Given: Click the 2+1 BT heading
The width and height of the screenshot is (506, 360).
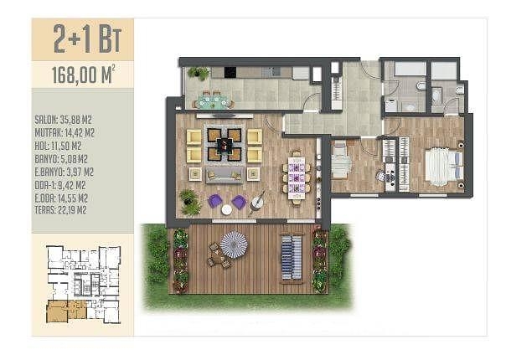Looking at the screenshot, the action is pyautogui.click(x=87, y=39).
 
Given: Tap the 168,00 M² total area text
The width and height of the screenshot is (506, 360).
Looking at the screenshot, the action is pyautogui.click(x=84, y=75).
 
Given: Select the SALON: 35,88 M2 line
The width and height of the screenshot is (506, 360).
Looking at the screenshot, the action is pyautogui.click(x=64, y=120).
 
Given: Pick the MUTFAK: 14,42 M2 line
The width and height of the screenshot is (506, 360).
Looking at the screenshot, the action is pyautogui.click(x=65, y=133).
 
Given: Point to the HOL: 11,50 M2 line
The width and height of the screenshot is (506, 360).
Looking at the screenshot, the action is pyautogui.click(x=58, y=146).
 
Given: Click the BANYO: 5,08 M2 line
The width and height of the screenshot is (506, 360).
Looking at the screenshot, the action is pyautogui.click(x=61, y=159).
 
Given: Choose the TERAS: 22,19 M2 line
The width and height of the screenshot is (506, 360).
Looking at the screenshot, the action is pyautogui.click(x=60, y=210).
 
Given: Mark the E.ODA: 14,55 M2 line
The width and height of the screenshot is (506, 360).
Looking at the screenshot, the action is pyautogui.click(x=61, y=198).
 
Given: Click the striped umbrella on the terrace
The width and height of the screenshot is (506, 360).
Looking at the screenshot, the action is pyautogui.click(x=234, y=244).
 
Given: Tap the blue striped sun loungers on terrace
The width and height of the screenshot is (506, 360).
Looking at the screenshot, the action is pyautogui.click(x=292, y=257).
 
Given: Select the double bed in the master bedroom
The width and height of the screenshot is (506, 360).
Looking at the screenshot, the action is pyautogui.click(x=444, y=167).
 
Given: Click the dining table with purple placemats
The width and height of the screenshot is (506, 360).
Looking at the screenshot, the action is pyautogui.click(x=297, y=177).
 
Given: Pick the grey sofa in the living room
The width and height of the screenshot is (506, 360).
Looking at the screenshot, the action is pyautogui.click(x=225, y=175).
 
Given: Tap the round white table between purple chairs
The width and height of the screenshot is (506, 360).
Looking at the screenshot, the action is pyautogui.click(x=226, y=209).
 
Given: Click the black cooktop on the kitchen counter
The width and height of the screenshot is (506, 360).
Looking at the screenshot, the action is pyautogui.click(x=230, y=72).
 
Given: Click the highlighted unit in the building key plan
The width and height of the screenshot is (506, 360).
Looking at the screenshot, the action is pyautogui.click(x=67, y=311).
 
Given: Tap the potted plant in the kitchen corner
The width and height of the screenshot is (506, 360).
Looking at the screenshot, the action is pyautogui.click(x=199, y=73).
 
